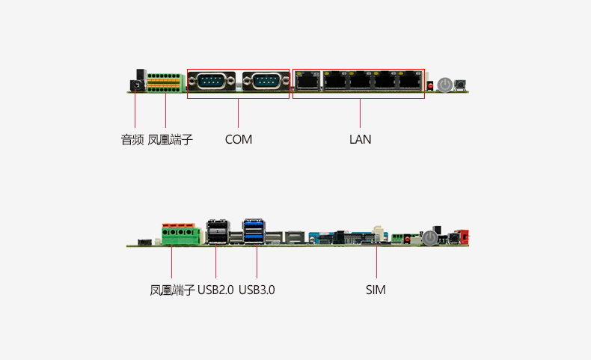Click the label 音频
click(x=132, y=139)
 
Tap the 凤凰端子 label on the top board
click(x=170, y=139)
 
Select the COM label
click(x=239, y=139)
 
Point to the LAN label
click(x=360, y=139)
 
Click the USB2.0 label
click(x=216, y=290)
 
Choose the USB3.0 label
click(x=257, y=290)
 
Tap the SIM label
click(x=376, y=290)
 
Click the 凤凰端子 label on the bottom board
click(x=172, y=290)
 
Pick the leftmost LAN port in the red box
click(x=307, y=81)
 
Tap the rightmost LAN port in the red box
click(x=409, y=81)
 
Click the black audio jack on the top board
click(x=137, y=83)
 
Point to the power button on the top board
click(x=445, y=84)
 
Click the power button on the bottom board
click(x=429, y=238)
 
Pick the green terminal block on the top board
click(x=165, y=83)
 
